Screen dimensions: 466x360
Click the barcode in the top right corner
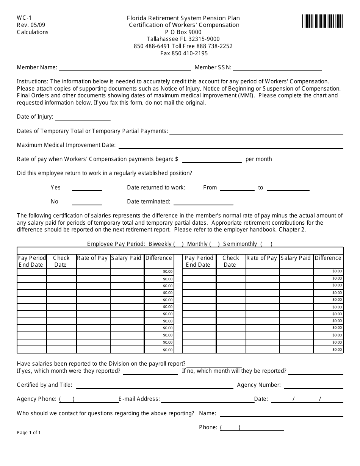point(322,21)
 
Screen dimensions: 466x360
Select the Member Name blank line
point(125,68)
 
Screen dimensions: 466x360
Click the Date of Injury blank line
point(83,117)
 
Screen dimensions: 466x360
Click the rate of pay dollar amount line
point(211,160)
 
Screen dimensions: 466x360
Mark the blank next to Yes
point(87,188)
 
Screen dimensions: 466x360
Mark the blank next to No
point(87,202)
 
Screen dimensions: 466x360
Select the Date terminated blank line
point(203,202)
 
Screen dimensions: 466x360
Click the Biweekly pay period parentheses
point(178,244)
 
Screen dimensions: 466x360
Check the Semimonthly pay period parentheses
point(266,244)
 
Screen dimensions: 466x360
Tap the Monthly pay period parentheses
point(214,244)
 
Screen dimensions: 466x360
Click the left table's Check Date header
point(61,261)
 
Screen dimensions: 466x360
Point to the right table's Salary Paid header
point(296,258)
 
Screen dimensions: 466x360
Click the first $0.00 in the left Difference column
point(167,272)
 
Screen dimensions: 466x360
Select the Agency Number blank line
point(313,386)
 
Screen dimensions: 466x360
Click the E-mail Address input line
point(207,400)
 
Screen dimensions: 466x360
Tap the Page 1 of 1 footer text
point(29,433)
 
